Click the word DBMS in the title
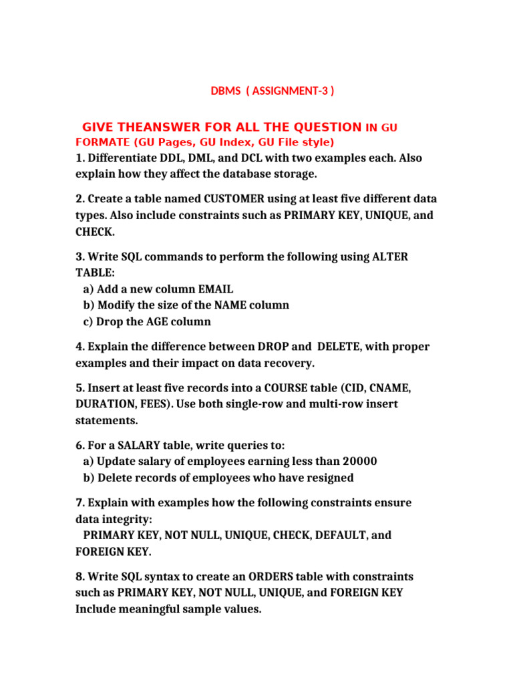point(224,91)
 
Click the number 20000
point(359,461)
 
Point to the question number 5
point(79,387)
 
